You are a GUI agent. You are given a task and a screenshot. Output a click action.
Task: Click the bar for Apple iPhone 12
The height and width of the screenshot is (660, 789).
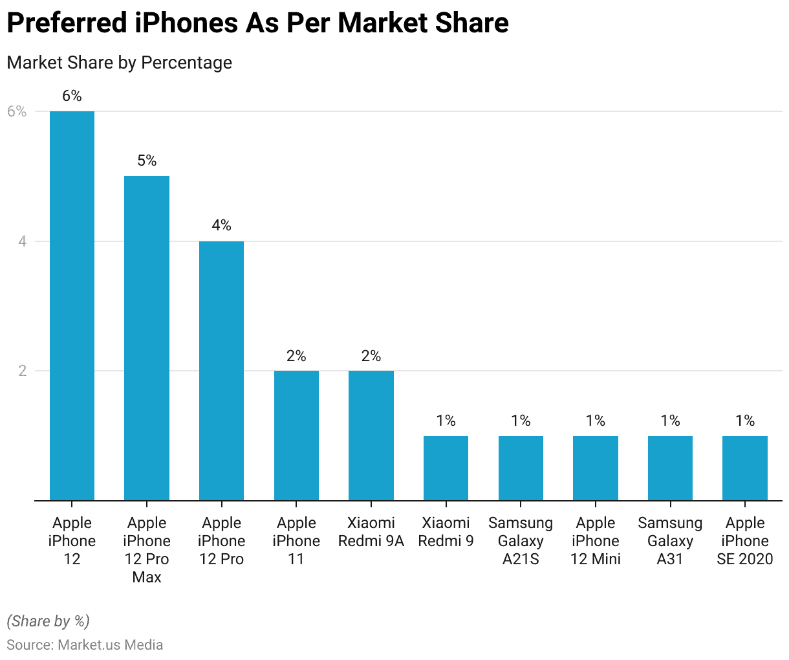pyautogui.click(x=72, y=305)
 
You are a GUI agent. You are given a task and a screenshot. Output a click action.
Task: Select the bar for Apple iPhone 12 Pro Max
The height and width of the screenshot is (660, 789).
pyautogui.click(x=147, y=338)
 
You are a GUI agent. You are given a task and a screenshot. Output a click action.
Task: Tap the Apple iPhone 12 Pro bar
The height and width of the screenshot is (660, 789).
pyautogui.click(x=221, y=370)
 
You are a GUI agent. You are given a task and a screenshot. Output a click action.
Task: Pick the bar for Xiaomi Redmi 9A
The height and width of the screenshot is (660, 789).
pyautogui.click(x=371, y=435)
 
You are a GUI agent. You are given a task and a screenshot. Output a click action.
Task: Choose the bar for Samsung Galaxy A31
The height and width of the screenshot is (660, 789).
pyautogui.click(x=670, y=468)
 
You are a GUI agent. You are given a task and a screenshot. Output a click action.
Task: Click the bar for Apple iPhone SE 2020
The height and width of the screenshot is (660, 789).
pyautogui.click(x=745, y=468)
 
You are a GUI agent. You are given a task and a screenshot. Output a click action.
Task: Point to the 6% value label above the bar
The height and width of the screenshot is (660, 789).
pyautogui.click(x=72, y=96)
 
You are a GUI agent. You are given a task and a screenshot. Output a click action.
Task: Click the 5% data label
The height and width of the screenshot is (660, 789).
pyautogui.click(x=147, y=160)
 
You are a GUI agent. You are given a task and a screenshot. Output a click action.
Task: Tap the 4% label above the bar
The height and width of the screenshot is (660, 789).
pyautogui.click(x=221, y=225)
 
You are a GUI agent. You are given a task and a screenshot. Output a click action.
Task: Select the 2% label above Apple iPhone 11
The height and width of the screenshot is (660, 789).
pyautogui.click(x=296, y=356)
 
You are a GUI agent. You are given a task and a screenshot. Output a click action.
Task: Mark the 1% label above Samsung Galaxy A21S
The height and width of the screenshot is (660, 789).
pyautogui.click(x=521, y=421)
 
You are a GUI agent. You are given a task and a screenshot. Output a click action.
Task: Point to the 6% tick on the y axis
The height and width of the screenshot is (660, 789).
pyautogui.click(x=17, y=111)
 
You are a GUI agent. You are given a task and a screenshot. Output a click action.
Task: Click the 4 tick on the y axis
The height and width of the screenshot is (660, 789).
pyautogui.click(x=23, y=241)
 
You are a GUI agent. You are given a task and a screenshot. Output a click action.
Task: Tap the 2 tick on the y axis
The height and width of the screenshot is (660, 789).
pyautogui.click(x=23, y=371)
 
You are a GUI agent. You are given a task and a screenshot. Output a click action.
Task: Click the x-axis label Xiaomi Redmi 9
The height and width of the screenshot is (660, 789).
pyautogui.click(x=446, y=532)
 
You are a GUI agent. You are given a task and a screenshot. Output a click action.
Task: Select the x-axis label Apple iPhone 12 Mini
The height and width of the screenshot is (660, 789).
pyautogui.click(x=596, y=541)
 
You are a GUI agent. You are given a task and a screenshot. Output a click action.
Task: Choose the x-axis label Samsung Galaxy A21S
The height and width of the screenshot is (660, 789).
pyautogui.click(x=521, y=541)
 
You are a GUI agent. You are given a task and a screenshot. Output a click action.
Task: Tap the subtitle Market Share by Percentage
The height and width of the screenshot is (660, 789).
pyautogui.click(x=119, y=63)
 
